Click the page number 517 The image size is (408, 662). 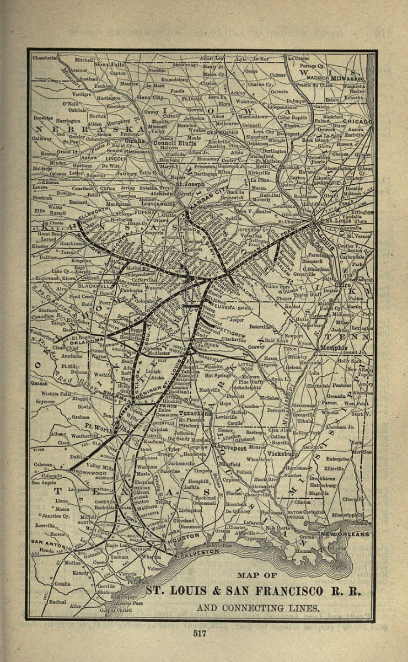click(200, 633)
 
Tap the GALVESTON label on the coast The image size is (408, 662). click(197, 551)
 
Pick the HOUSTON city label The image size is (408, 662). click(184, 536)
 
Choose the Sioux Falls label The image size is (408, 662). click(109, 65)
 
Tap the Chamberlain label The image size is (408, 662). click(46, 57)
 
